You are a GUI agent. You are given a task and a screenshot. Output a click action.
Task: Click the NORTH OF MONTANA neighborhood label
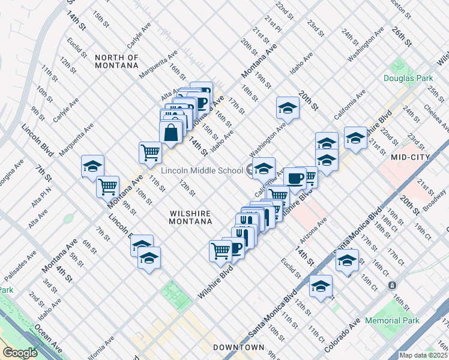pos(116,62)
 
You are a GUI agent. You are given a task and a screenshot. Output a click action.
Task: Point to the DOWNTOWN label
pos(239,347)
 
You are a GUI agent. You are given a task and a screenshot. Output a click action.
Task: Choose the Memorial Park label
pos(392,321)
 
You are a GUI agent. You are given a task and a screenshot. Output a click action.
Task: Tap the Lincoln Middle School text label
pos(201,170)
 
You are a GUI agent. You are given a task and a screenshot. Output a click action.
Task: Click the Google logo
pos(20,353)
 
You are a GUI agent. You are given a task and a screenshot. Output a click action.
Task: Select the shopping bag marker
pos(171,133)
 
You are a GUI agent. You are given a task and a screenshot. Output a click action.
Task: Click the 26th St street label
pos(402,37)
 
